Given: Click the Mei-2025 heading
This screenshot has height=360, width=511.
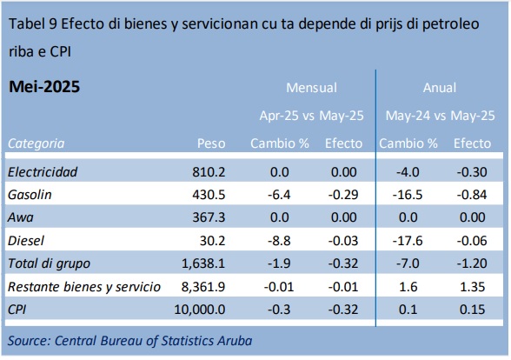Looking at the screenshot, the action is pos(44,87).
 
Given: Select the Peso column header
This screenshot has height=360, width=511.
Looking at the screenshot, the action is pos(211,143).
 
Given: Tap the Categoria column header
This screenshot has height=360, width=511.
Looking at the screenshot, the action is pos(36,143).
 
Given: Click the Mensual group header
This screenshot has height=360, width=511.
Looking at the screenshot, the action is pos(311,88).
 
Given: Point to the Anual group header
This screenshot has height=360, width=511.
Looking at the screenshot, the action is pos(440,88).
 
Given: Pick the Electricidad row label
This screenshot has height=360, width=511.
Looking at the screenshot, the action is pos(43,172).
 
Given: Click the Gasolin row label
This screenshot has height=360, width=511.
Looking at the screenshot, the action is pos(30,195).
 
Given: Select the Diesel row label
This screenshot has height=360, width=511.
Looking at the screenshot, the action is pos(26,241).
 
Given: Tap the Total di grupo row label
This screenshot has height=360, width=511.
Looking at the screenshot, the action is pos(49,263).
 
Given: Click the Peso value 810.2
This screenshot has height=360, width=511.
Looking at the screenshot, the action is pos(209,172).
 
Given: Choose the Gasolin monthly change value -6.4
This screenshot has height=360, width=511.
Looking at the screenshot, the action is pos(279,195).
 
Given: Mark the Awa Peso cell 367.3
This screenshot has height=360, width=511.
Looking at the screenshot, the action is pos(209,217).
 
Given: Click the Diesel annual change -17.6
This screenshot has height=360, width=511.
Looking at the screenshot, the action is pos(408,241).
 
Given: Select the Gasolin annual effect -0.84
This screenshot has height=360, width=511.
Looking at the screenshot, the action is pos(472,195).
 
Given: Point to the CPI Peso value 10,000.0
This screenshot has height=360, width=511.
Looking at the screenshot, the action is pos(200,310).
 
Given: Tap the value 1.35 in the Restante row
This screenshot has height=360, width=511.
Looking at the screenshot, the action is pos(472,287).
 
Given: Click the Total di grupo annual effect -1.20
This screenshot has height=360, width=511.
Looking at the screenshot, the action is pos(472,263).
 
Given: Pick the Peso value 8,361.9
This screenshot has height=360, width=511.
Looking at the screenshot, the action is pos(203,287).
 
